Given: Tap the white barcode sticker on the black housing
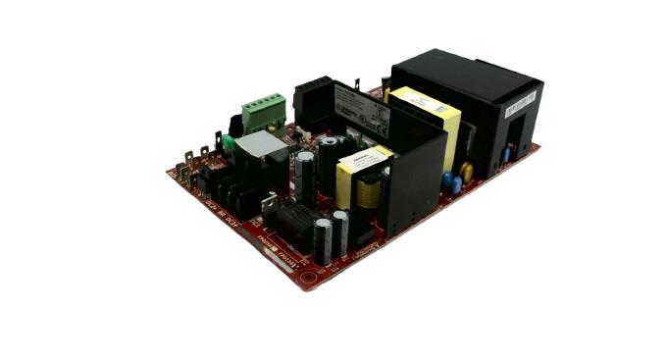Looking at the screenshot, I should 521,103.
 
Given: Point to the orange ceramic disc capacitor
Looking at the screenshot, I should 466,172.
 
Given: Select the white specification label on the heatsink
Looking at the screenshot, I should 362,107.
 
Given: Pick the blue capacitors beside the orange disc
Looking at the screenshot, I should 451,182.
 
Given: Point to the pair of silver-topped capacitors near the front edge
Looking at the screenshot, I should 331,235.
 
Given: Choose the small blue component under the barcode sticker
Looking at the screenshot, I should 505,154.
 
